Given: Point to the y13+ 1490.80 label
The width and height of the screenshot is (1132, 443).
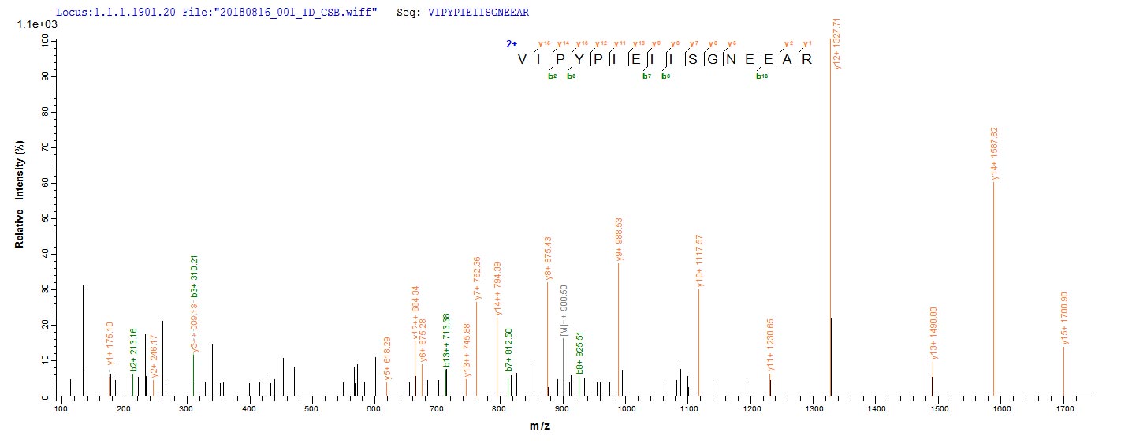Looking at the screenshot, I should (934, 333).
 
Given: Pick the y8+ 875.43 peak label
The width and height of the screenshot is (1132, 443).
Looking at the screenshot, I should (549, 253).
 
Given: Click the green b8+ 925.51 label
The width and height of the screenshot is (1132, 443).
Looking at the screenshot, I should (580, 348).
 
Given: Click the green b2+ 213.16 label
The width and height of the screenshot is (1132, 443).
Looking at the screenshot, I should (134, 349).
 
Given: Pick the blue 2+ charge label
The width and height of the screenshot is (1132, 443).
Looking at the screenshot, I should (511, 44).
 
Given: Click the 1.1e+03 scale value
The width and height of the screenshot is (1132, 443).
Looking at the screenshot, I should (32, 25).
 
